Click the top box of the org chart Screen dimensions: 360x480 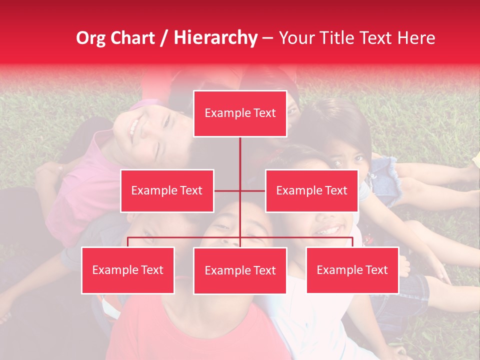pyautogui.click(x=240, y=113)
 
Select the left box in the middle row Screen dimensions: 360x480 pyautogui.click(x=167, y=190)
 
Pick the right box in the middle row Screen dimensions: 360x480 pyautogui.click(x=311, y=190)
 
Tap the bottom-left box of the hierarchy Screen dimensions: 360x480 pyautogui.click(x=128, y=270)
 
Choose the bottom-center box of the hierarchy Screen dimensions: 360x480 pyautogui.click(x=240, y=270)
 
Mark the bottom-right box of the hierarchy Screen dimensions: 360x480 pyautogui.click(x=352, y=270)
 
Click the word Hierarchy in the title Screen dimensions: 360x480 pyautogui.click(x=215, y=38)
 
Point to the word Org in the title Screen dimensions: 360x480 pyautogui.click(x=91, y=38)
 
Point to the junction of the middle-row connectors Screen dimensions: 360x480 pyautogui.click(x=240, y=190)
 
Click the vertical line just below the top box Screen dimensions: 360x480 pyautogui.click(x=240, y=150)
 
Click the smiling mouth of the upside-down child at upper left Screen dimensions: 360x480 pyautogui.click(x=133, y=127)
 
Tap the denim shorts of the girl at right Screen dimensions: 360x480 pyautogui.click(x=383, y=175)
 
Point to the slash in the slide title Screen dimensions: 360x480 pyautogui.click(x=164, y=38)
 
